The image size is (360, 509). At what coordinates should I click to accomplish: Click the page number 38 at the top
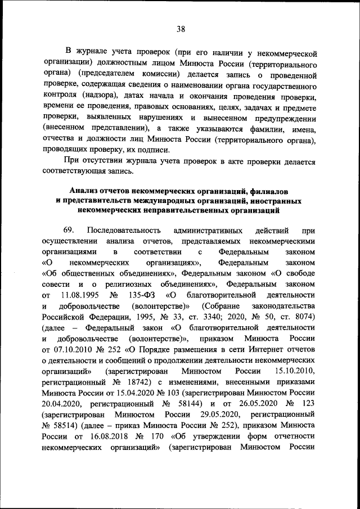tap(180, 29)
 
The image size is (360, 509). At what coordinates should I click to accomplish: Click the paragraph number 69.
tap(70, 231)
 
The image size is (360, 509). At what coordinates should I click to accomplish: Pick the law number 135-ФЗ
tap(143, 294)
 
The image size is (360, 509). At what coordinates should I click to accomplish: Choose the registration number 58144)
tap(191, 404)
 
